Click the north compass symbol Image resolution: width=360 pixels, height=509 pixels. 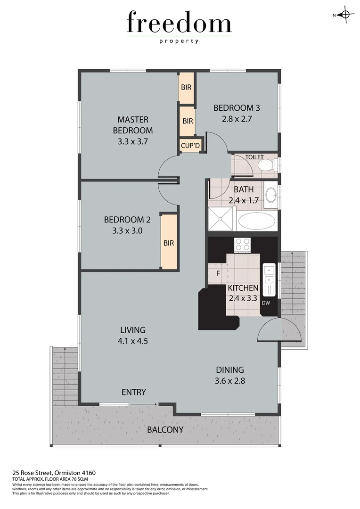345,15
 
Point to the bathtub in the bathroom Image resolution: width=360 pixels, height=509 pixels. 257,220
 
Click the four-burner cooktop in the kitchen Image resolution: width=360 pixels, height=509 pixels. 243,244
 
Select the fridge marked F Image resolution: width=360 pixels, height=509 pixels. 218,273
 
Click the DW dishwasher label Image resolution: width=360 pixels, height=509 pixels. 266,303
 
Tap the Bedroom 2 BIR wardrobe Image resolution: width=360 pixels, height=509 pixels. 169,242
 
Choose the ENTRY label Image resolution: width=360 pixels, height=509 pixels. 134,392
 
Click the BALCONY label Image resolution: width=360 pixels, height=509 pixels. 165,430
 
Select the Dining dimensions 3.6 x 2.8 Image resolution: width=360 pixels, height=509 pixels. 230,381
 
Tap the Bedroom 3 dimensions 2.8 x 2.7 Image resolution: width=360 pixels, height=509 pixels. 237,119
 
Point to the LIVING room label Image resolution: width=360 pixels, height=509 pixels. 133,330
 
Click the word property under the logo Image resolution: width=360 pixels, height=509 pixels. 179,41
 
